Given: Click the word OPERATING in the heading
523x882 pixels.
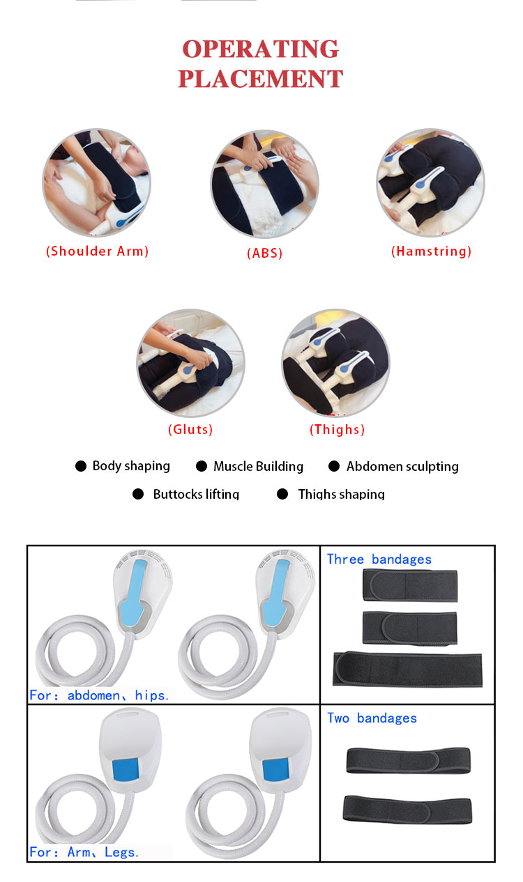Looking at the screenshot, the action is (261, 49).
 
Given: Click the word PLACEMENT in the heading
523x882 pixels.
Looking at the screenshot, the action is (261, 79).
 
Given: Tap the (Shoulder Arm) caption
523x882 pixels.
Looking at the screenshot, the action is (98, 252).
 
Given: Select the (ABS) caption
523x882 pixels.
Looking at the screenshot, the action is (265, 253).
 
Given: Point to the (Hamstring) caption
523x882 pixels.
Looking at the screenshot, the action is (431, 252).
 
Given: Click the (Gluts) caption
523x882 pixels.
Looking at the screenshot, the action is (190, 429).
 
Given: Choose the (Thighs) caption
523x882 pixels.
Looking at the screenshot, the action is (337, 429).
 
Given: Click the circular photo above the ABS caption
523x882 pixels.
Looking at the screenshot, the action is (265, 184).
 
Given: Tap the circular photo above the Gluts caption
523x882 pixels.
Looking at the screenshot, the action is (191, 363).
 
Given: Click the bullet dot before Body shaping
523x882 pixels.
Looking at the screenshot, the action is (81, 466).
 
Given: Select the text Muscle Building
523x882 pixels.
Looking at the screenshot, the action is (259, 467).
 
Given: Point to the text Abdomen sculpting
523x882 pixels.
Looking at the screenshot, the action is (402, 467).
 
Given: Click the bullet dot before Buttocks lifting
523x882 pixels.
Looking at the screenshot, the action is (138, 494).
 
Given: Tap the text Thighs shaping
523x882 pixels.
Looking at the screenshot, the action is (341, 494).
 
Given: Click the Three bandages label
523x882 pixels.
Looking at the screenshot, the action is (379, 559).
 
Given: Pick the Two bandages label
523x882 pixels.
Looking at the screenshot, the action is (372, 718).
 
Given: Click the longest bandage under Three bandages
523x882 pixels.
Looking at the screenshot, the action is (407, 670).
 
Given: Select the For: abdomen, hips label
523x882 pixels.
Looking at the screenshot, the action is (99, 695).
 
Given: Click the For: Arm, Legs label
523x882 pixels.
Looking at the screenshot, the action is (84, 853).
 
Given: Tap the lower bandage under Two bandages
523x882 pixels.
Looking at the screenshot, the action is (407, 809).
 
